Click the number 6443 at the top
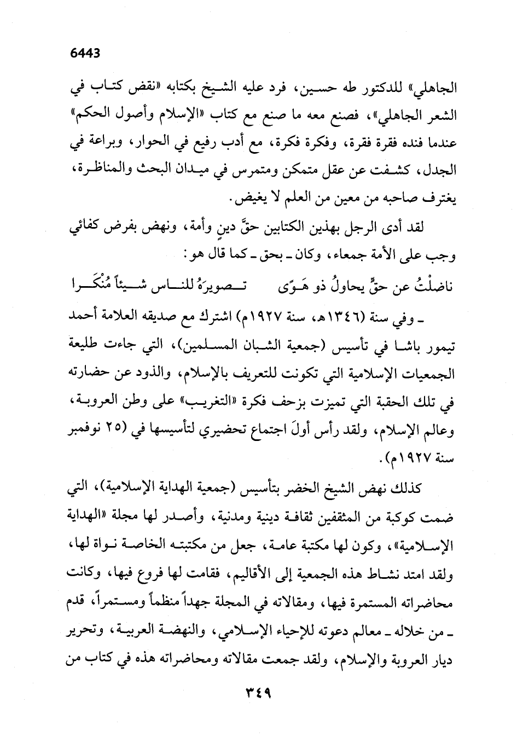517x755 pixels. click(88, 54)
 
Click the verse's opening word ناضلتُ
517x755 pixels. click(425, 286)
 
